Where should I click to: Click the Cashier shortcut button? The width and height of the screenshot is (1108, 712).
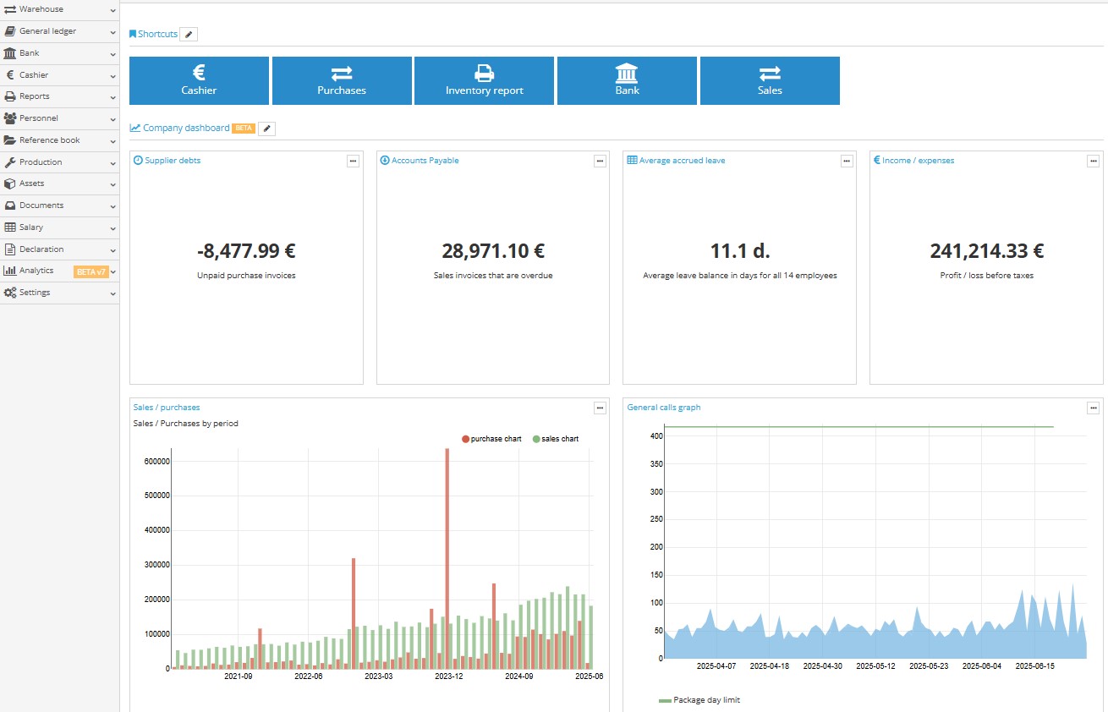(x=199, y=80)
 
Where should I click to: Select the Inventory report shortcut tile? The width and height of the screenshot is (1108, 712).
(x=484, y=80)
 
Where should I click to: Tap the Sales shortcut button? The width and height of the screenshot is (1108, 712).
(x=770, y=80)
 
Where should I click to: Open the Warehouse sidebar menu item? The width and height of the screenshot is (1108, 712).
(x=41, y=9)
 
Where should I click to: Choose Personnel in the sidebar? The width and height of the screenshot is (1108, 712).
(x=39, y=118)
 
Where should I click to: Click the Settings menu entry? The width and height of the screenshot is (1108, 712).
(x=35, y=293)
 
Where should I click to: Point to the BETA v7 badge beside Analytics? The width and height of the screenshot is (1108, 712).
(x=91, y=271)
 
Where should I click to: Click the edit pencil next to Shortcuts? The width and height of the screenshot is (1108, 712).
(x=189, y=35)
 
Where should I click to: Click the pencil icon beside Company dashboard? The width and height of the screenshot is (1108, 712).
(x=266, y=129)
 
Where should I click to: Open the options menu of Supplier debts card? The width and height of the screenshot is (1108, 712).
(x=353, y=161)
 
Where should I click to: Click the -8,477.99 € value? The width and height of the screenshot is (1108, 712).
(x=246, y=251)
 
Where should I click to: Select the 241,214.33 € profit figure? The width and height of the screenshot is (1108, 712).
(x=986, y=251)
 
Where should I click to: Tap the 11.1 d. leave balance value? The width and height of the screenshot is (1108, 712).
(x=740, y=251)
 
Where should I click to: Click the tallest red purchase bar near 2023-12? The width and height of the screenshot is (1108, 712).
(x=447, y=558)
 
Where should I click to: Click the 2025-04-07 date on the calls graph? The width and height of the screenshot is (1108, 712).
(x=716, y=666)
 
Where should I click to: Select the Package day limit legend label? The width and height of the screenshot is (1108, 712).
(x=706, y=700)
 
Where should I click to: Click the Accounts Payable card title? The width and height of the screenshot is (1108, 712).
(x=425, y=161)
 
